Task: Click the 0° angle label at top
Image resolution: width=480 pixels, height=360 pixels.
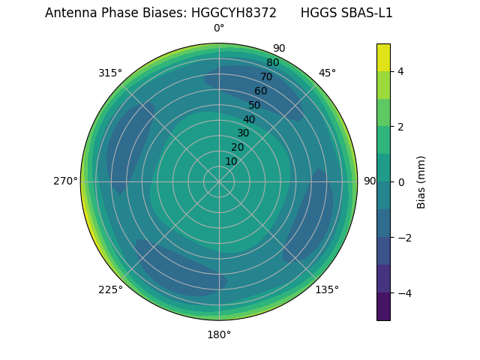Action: (x=219, y=28)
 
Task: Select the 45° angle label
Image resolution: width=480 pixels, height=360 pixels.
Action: (x=327, y=73)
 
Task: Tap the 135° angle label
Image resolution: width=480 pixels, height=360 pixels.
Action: (x=327, y=289)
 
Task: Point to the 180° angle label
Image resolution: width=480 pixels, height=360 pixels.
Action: (x=219, y=334)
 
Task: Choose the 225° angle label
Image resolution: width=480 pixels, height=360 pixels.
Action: (x=110, y=289)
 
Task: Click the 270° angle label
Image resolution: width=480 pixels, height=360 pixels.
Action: (x=65, y=181)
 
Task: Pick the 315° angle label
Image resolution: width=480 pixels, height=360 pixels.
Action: (x=110, y=73)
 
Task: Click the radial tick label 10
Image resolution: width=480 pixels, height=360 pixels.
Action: (x=231, y=161)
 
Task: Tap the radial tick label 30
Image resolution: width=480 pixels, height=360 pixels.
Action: (x=243, y=133)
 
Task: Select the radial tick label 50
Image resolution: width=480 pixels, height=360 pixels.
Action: (x=254, y=106)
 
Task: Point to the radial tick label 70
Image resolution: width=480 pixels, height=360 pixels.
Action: (x=266, y=77)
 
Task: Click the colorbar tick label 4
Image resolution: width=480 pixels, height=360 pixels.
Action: (x=401, y=71)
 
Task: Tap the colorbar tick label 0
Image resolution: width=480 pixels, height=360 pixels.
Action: (x=401, y=182)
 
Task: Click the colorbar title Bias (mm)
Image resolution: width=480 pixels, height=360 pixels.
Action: (x=421, y=181)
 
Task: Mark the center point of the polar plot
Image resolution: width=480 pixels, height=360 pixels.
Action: (x=219, y=181)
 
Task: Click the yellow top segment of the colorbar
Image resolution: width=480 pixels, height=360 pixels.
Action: (x=383, y=57)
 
